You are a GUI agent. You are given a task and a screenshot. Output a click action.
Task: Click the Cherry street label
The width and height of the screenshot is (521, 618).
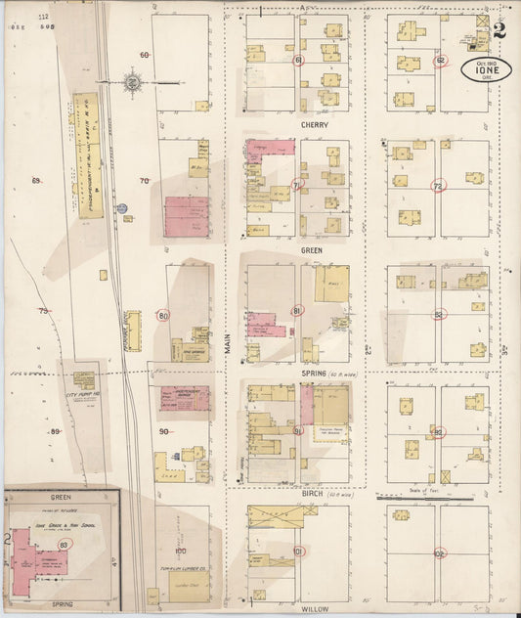316,125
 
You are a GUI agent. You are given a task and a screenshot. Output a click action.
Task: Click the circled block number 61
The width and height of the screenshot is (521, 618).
298,61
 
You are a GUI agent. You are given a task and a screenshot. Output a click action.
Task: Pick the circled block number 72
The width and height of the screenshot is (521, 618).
438,186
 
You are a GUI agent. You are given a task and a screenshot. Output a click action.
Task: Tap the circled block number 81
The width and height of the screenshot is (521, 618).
297,310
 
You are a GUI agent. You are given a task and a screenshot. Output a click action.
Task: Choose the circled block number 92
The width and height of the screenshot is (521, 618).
438,432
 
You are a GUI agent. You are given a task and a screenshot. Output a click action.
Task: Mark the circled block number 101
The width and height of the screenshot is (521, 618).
297,552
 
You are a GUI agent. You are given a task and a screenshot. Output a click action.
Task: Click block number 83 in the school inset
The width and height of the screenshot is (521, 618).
65,545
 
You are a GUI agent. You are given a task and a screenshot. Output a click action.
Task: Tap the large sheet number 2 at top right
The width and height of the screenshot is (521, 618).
499,28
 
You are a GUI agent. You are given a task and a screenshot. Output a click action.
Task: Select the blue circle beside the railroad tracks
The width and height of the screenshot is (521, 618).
123,208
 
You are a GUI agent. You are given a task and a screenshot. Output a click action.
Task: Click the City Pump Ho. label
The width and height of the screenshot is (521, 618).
83,394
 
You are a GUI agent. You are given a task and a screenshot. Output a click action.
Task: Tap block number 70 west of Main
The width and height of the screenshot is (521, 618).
145,180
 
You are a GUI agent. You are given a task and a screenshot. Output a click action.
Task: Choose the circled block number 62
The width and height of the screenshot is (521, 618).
441,61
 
